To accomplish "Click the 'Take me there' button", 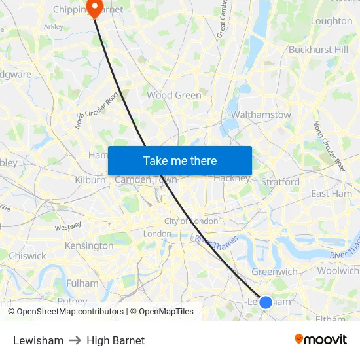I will [x=180, y=160].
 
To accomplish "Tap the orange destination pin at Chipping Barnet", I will [x=95, y=7].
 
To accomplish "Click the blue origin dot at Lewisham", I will [x=266, y=302].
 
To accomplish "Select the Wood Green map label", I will [x=174, y=95].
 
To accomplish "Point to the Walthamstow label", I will [x=261, y=115].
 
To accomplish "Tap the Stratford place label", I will [x=280, y=181].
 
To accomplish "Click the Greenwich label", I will [x=275, y=271].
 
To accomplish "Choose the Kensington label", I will [x=89, y=245].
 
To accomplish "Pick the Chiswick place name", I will [x=27, y=256].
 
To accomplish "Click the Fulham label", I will [x=82, y=283].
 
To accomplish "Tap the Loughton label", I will [x=331, y=21].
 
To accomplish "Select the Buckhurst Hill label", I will [x=319, y=49].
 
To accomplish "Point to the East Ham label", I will [x=331, y=194].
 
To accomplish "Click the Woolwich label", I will [x=338, y=270].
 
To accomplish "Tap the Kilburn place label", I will [x=90, y=179].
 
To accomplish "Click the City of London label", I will [x=191, y=221].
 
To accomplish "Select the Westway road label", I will [x=68, y=227].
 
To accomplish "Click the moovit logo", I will [x=321, y=339].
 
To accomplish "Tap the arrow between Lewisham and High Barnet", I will [x=75, y=340].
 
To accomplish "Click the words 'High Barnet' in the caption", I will [x=115, y=340].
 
